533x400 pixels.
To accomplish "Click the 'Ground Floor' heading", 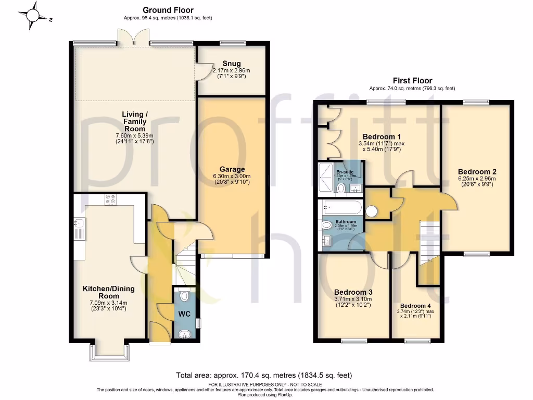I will click(168, 10).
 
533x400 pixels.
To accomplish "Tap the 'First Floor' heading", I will click(412, 81).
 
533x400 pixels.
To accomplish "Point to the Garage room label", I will click(232, 169).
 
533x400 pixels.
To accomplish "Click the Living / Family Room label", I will click(134, 121).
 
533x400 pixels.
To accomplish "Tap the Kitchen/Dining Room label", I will click(109, 292).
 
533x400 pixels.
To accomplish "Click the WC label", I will click(184, 315).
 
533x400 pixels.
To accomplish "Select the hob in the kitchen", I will click(111, 200).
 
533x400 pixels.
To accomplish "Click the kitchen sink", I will click(79, 228).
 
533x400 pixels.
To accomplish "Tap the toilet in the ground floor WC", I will click(184, 296).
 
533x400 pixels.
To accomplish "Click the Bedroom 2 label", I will click(477, 171).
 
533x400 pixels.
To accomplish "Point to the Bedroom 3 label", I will click(353, 292).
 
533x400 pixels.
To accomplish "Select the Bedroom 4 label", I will click(416, 306).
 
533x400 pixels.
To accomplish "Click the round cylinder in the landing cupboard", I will click(372, 211).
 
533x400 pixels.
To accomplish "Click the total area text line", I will click(264, 375).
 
